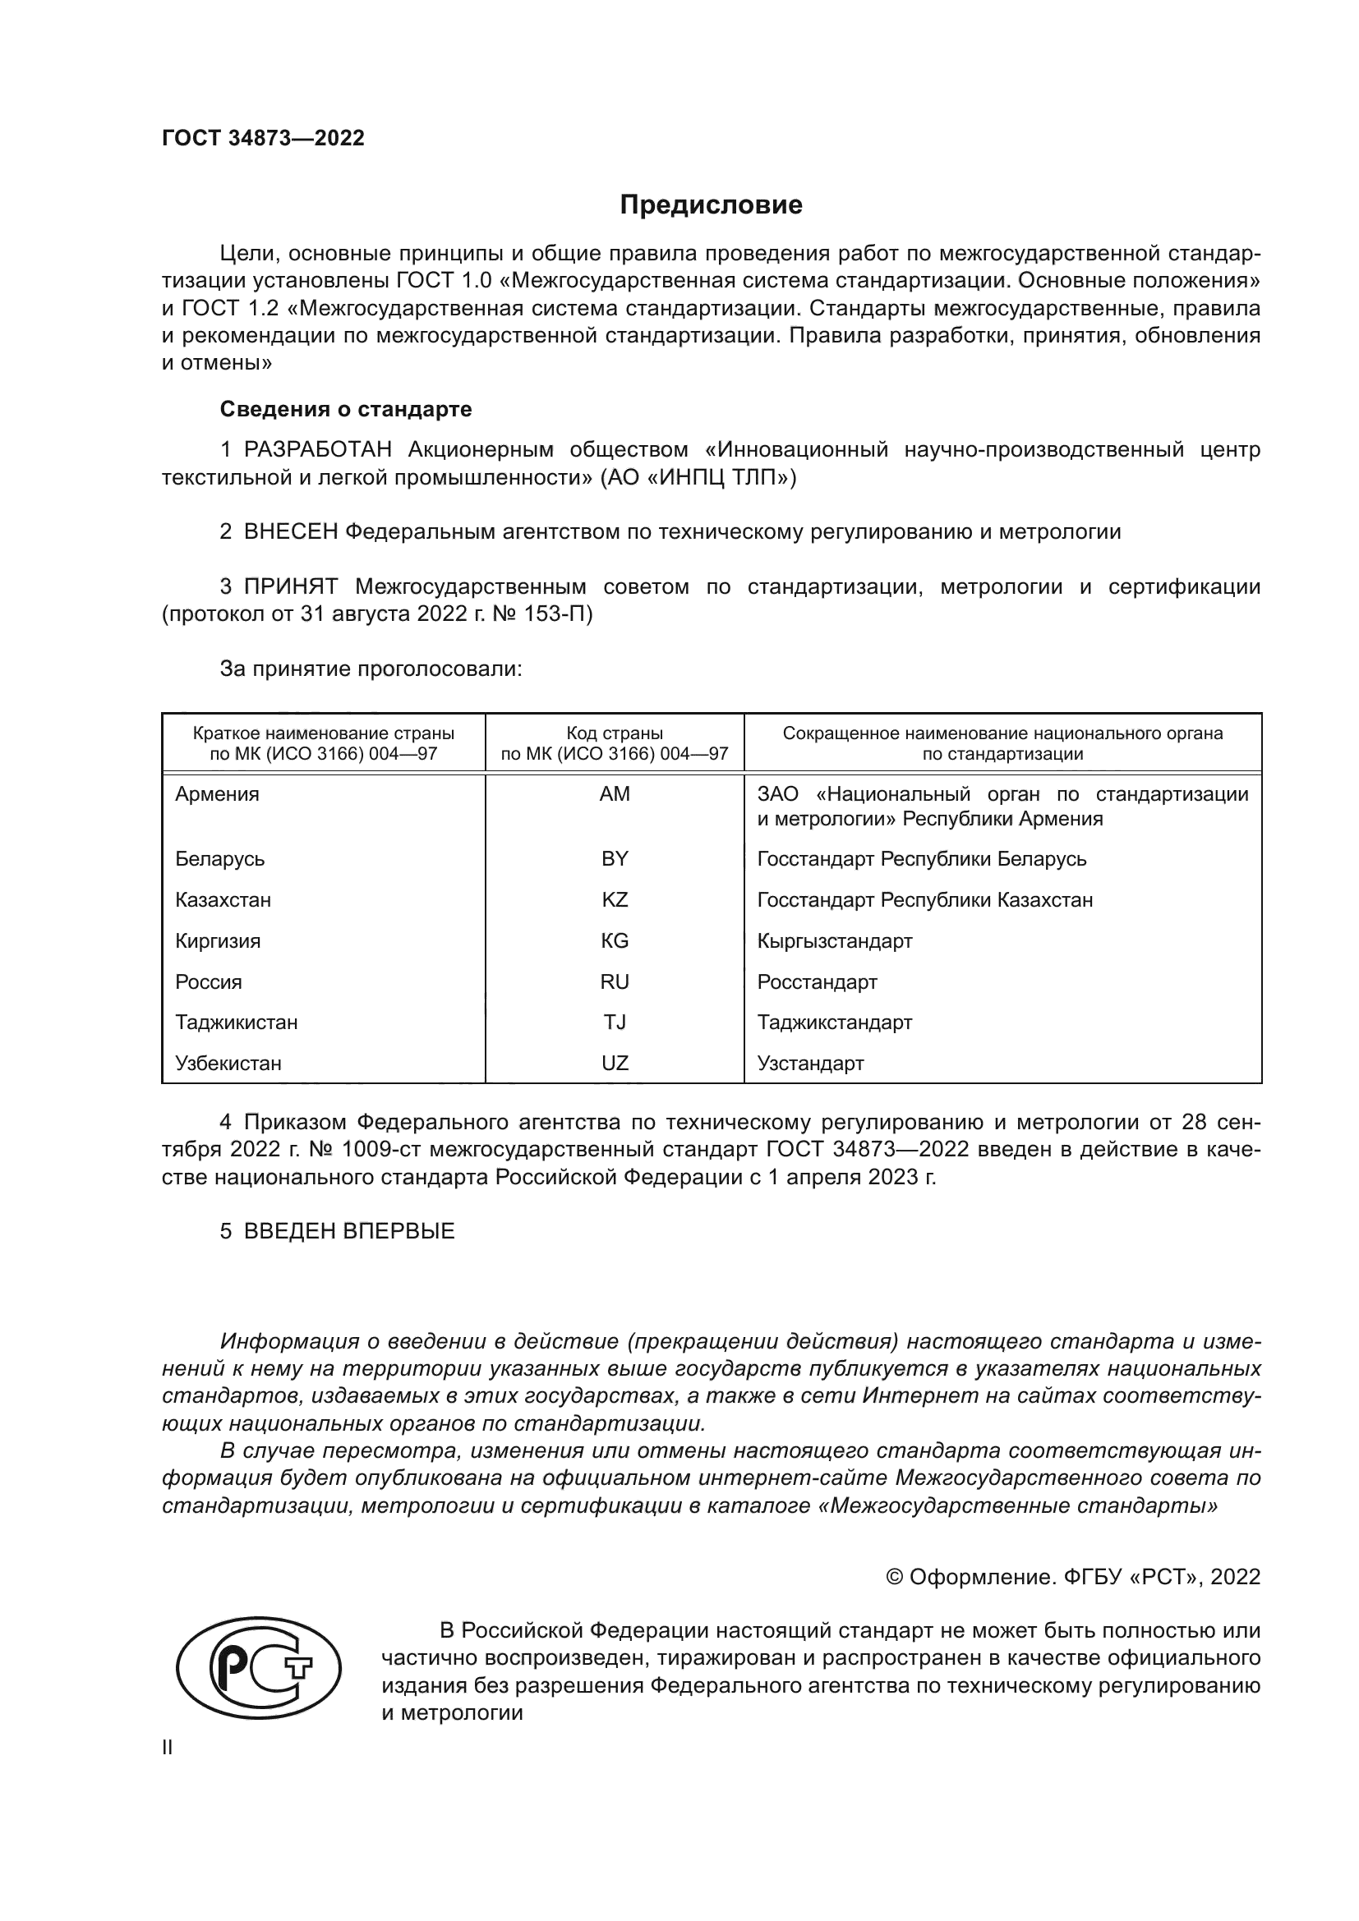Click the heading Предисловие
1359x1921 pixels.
(x=711, y=205)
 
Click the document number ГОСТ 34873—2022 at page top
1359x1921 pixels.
(x=264, y=138)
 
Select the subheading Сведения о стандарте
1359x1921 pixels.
(x=346, y=409)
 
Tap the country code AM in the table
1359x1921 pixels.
(x=615, y=794)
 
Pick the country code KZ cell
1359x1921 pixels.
(x=615, y=900)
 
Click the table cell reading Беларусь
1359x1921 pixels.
(x=220, y=859)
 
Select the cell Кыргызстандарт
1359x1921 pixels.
(x=834, y=941)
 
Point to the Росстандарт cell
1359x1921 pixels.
(x=817, y=982)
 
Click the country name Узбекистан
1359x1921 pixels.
(x=228, y=1064)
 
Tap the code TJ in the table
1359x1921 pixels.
(x=615, y=1023)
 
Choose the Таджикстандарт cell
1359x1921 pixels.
(x=834, y=1023)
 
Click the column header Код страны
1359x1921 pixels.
(x=615, y=733)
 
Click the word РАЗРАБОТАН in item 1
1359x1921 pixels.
(x=317, y=450)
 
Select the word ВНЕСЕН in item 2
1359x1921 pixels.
(x=290, y=532)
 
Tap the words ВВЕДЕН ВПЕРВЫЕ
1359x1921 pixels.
(x=349, y=1231)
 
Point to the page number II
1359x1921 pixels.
(x=168, y=1748)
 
